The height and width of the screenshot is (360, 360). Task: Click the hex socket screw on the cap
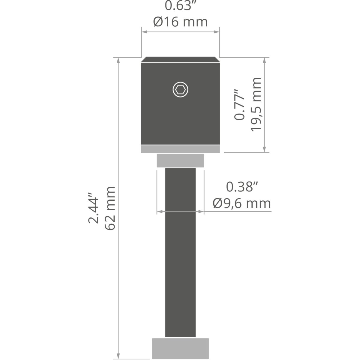(180, 90)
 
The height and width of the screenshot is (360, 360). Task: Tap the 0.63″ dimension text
(181, 6)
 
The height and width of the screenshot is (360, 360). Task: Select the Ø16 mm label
(181, 22)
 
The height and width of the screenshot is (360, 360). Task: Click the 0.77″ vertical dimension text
(239, 105)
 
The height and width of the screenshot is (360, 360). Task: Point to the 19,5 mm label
(256, 105)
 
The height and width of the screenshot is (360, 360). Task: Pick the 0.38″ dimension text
(242, 187)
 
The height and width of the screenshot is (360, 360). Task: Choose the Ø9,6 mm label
(242, 203)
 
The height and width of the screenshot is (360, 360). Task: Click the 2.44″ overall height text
(93, 208)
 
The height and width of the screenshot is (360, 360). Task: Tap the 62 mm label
(109, 208)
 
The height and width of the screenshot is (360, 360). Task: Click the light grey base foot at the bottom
(180, 349)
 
